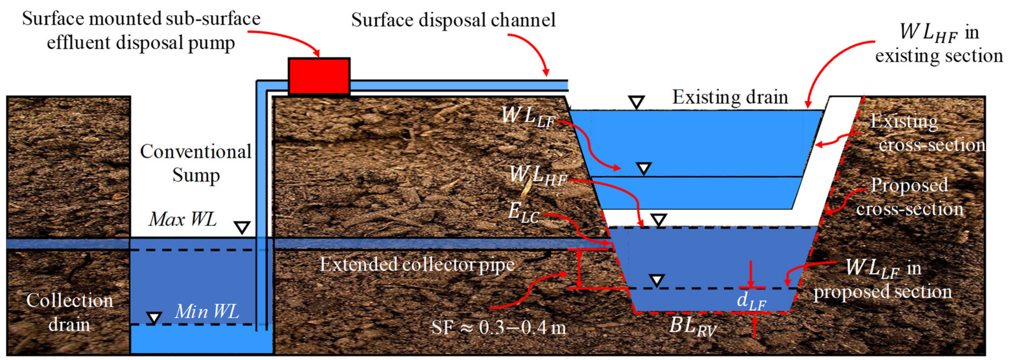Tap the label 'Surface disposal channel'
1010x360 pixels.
pos(453,20)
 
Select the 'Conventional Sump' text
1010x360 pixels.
pos(196,163)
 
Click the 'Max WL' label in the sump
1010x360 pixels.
pos(183,219)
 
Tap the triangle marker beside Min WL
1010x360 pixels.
pos(154,317)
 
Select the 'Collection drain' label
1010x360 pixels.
pos(70,313)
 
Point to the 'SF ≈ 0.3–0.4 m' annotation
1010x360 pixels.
pos(498,327)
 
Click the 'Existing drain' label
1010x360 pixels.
pos(730,97)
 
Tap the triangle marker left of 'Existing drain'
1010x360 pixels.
pos(636,103)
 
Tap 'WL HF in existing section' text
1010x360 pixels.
pos(939,43)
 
